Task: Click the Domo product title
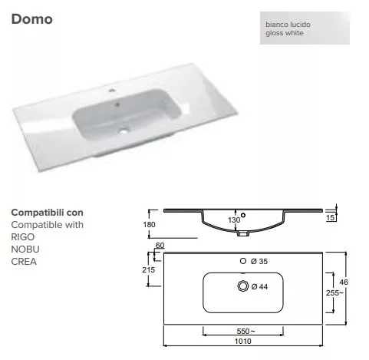32,19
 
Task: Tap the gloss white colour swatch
305,28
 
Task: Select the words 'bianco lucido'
288,25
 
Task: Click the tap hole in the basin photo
111,91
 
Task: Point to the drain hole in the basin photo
124,130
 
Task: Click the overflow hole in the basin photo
117,104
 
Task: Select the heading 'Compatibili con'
47,213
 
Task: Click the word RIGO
23,237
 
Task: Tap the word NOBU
25,249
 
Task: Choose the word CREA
24,262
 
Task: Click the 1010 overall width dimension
242,341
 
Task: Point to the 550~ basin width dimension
245,331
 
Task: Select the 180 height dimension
149,224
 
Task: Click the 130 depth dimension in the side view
234,220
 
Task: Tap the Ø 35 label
259,261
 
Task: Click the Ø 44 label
259,286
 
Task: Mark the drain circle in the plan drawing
242,286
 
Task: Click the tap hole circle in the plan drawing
243,261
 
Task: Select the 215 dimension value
149,269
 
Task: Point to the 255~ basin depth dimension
334,292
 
